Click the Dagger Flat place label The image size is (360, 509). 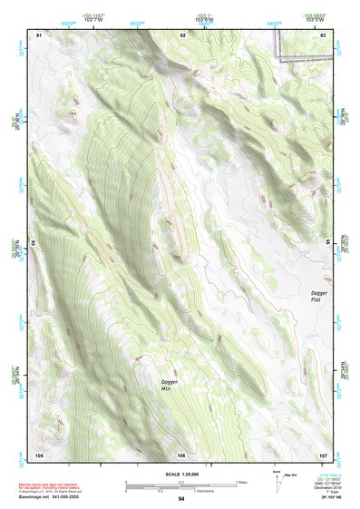318,297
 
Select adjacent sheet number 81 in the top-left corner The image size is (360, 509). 39,34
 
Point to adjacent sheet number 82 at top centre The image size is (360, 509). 182,34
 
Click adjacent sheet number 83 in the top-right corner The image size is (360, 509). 324,34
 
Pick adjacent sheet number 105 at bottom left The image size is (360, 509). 39,454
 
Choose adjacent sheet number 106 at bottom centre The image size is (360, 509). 181,454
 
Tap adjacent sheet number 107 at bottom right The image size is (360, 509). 323,454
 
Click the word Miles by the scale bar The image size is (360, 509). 240,482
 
